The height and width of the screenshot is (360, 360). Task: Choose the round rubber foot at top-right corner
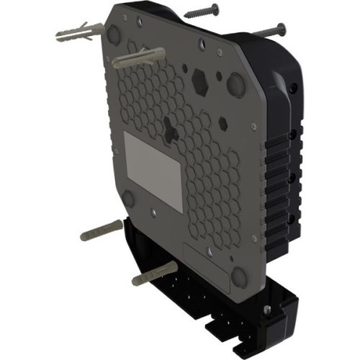tap(235, 83)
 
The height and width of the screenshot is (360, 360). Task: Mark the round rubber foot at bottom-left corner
tap(129, 199)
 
